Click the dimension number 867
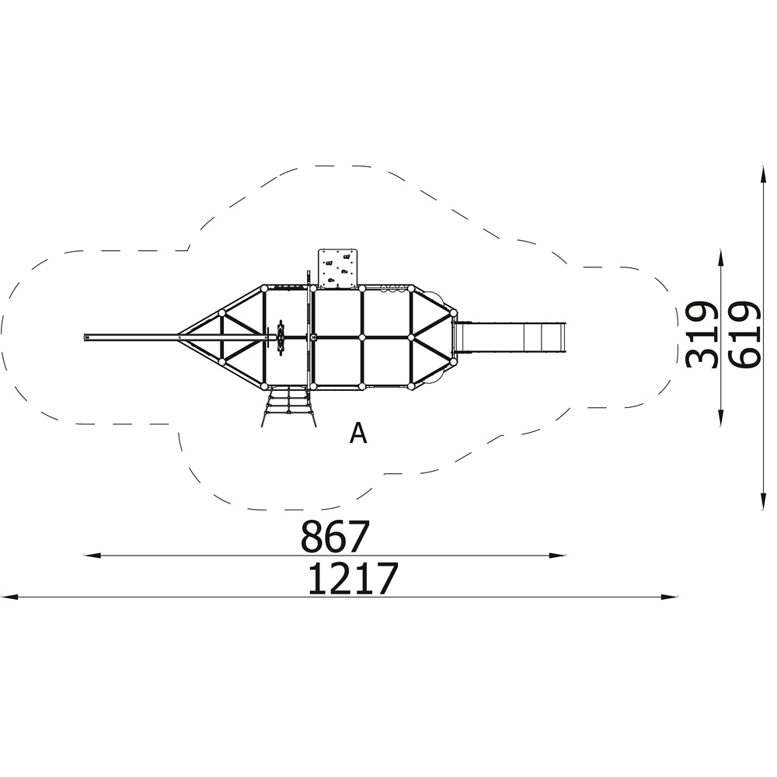tap(336, 537)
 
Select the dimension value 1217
tap(353, 578)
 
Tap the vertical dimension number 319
tap(702, 334)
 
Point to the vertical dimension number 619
tap(744, 334)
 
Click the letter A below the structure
tap(358, 434)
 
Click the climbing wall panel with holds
tap(337, 269)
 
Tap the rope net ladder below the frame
tap(288, 407)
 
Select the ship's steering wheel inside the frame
tap(281, 337)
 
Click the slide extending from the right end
tap(510, 337)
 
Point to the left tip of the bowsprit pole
tap(84, 337)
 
